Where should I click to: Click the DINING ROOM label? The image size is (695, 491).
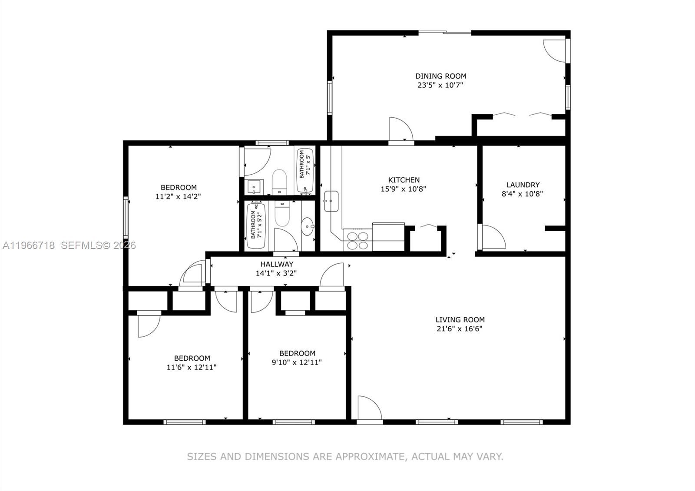pos(440,76)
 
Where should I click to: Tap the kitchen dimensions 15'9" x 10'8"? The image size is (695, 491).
pos(404,189)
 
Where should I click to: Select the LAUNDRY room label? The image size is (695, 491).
pos(523,185)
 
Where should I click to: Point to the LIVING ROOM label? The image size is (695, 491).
pos(460,319)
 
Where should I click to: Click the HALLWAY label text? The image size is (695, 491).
pos(277,264)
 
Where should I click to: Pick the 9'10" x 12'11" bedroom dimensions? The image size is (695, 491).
pos(297,362)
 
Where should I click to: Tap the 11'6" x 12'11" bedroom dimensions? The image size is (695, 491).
pos(192,367)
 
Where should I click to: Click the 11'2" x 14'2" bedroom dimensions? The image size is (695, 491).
pos(178,196)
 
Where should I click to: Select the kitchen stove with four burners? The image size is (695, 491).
pos(357,240)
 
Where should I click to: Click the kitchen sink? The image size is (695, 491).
pos(331,201)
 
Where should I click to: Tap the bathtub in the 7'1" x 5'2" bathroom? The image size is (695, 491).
pos(256,225)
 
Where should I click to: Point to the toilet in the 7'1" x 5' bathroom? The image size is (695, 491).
pos(280,180)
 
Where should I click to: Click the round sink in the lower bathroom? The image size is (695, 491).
pos(308,226)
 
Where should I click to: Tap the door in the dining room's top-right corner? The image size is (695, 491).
pos(555,50)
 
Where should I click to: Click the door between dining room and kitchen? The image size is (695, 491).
pos(400,129)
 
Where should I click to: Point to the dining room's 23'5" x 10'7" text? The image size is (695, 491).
pos(440,85)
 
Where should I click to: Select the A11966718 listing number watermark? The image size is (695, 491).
pos(29,245)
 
